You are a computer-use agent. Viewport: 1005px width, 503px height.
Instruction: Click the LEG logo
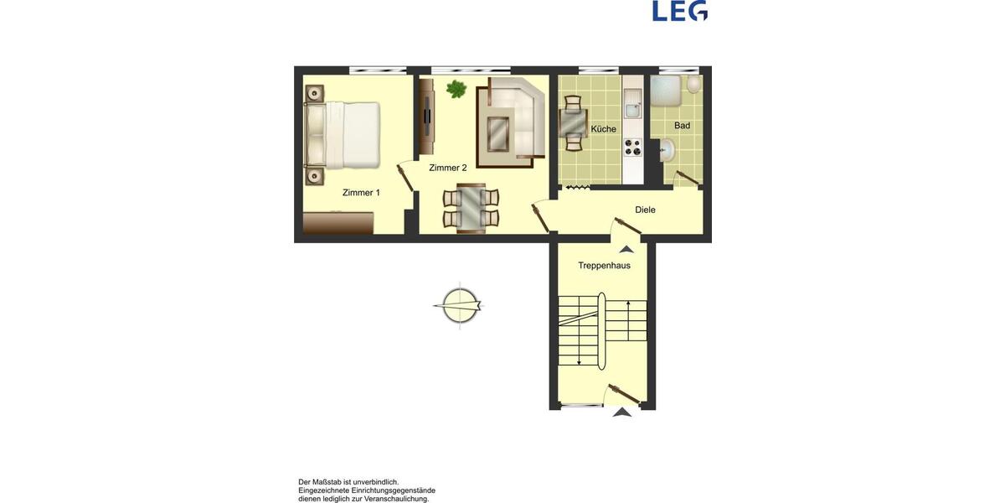click(679, 10)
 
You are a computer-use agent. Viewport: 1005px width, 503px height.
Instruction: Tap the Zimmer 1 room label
click(361, 193)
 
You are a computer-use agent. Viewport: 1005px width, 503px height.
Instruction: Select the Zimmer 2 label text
click(447, 168)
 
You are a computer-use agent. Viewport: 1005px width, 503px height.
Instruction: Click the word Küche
click(603, 129)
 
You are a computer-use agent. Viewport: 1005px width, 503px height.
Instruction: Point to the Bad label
click(682, 126)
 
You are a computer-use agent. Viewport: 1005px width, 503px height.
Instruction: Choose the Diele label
click(645, 210)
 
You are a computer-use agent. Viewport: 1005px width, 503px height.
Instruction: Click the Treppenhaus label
click(604, 266)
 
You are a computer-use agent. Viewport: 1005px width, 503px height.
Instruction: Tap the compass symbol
click(459, 305)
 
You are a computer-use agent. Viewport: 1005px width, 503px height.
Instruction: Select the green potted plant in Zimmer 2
click(456, 89)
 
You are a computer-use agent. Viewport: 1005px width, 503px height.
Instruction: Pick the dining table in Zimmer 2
click(471, 207)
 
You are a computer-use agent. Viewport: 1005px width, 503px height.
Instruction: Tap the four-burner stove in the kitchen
click(632, 148)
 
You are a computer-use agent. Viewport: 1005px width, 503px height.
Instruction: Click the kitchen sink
click(632, 107)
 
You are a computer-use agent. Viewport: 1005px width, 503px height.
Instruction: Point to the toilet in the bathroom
click(693, 86)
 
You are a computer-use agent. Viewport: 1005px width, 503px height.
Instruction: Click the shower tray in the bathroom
click(666, 89)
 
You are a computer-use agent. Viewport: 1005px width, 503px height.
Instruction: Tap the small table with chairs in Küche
click(574, 123)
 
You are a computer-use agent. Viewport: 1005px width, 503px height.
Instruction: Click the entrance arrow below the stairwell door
click(621, 412)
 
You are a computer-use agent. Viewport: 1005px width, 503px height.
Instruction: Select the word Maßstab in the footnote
click(327, 482)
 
